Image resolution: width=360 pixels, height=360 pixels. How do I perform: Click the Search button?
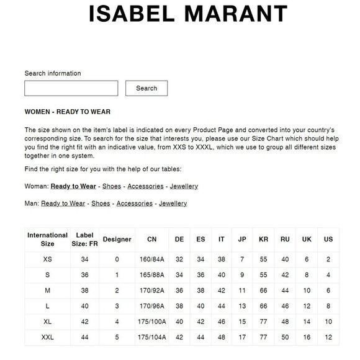point(146,88)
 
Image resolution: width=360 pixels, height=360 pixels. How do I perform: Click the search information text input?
point(71,88)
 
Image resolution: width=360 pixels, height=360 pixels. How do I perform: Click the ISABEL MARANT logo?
point(188,14)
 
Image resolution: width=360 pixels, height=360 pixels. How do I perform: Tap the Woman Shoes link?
point(112,186)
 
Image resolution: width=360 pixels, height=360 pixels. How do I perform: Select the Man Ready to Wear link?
point(63,204)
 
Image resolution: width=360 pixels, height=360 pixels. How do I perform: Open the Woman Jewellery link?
point(184,186)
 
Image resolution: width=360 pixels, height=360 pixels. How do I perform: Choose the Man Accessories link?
point(135,204)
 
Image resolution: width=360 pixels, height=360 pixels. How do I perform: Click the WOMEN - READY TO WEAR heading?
point(67,112)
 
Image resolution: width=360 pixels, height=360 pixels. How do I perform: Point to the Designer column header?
point(117,240)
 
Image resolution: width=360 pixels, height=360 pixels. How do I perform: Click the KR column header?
point(263,240)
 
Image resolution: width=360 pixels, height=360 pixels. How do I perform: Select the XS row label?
point(48,259)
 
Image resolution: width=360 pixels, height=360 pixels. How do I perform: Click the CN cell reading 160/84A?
point(152,259)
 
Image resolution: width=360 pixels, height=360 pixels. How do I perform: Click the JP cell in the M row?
point(242,290)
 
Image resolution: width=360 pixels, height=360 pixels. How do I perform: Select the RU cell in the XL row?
point(285,322)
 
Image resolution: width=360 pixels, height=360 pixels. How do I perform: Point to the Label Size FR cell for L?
point(84,306)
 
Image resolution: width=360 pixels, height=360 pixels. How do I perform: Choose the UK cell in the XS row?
point(307,259)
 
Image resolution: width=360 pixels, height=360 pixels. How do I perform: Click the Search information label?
point(53,73)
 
